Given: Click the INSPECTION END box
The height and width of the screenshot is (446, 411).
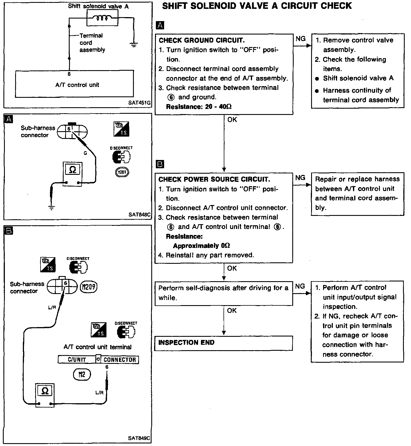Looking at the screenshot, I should (x=223, y=343).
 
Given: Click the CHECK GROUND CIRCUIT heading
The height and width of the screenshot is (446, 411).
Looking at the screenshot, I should (x=202, y=40).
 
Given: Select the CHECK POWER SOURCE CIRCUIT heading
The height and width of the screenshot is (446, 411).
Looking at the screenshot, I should (x=214, y=179).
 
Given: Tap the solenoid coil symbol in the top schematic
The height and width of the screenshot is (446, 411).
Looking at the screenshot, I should (x=102, y=19).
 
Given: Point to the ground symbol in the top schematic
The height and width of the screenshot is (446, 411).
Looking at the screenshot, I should (x=133, y=44).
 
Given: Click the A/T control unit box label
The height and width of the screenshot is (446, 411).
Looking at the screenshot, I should (x=77, y=85).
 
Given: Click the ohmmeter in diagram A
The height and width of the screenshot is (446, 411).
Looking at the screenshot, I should (x=72, y=174).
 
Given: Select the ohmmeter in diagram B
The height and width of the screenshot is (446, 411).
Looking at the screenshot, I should (x=45, y=395).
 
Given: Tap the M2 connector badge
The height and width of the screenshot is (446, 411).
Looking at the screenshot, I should (x=82, y=374).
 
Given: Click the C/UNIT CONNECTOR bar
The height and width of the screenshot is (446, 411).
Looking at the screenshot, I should (x=98, y=359).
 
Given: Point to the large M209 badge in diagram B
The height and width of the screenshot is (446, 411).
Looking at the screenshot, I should (x=88, y=287).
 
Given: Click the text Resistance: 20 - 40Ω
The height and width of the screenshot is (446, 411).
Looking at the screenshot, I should (x=199, y=107).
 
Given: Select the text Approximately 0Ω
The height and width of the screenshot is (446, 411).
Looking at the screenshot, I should (x=202, y=246).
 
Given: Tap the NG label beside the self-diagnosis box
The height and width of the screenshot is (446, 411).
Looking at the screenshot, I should (x=300, y=286).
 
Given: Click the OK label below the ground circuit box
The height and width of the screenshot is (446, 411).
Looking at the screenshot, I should (x=232, y=120).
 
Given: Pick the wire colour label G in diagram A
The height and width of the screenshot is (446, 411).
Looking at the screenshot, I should (x=85, y=153).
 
